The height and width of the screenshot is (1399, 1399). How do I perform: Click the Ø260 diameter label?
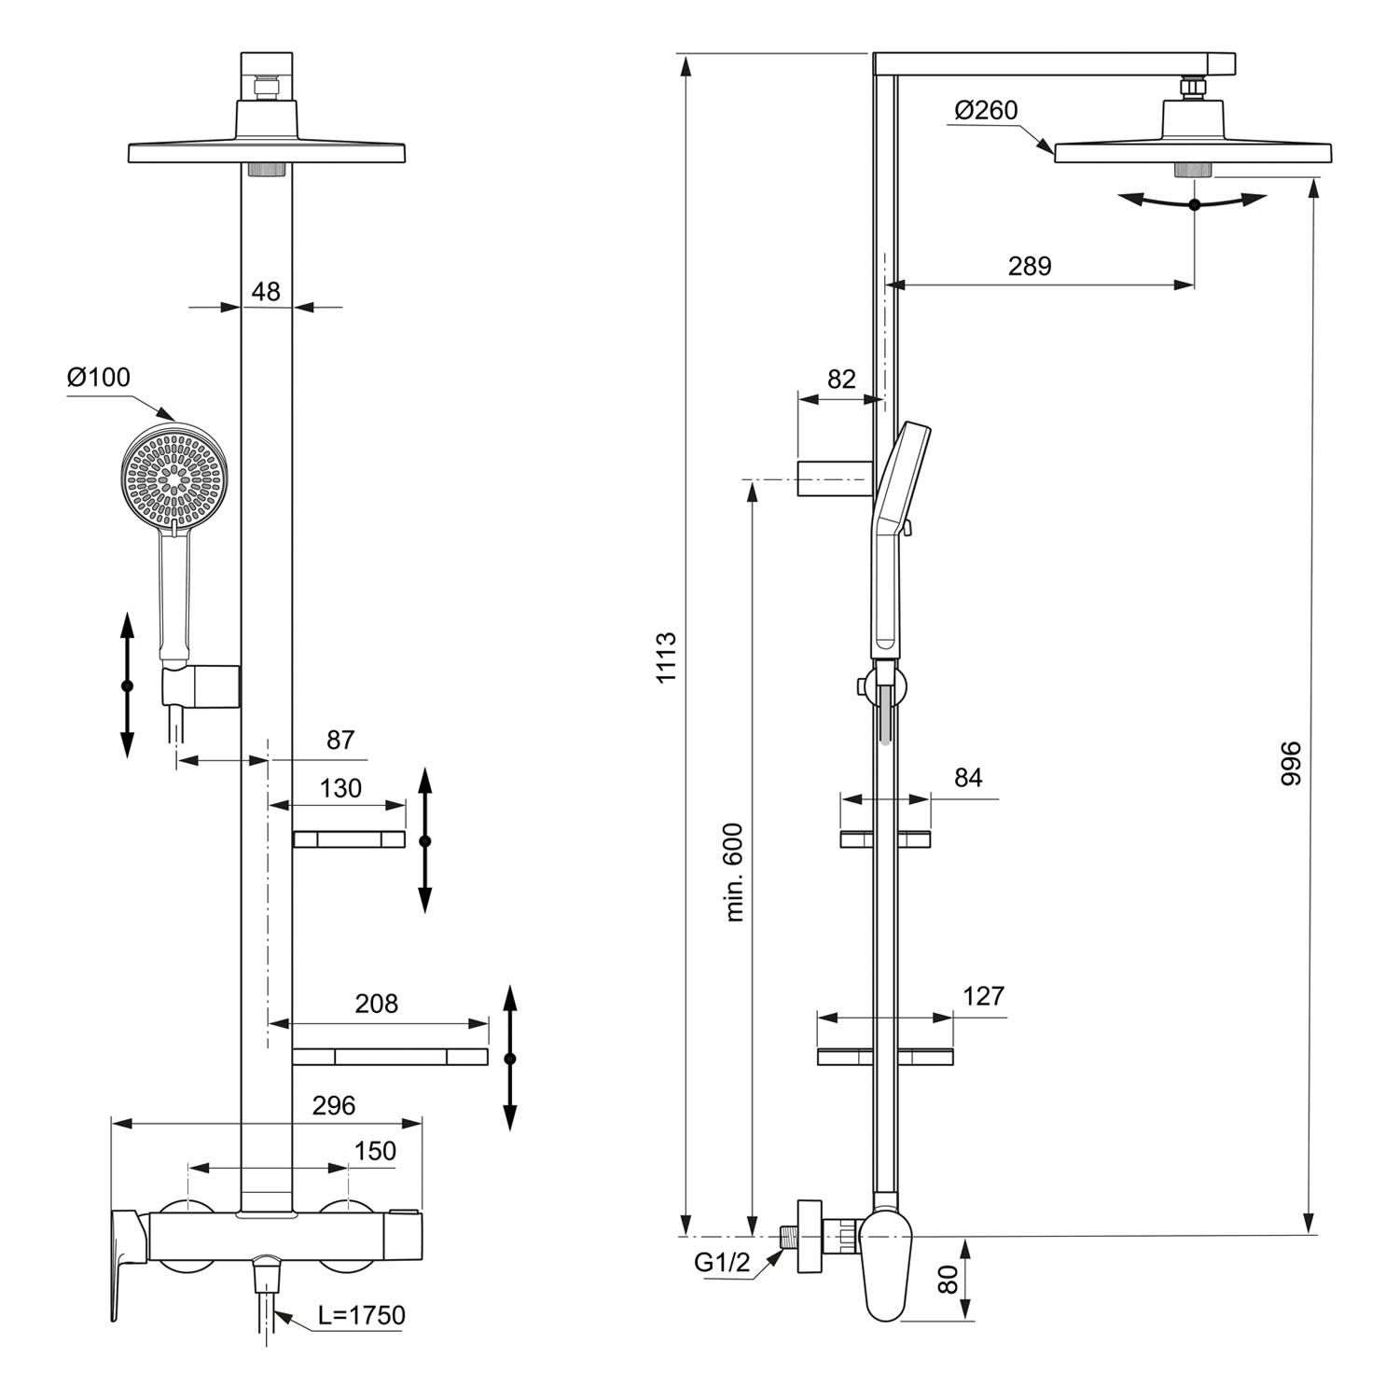pyautogui.click(x=987, y=111)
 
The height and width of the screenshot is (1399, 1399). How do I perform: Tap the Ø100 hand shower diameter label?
pyautogui.click(x=99, y=378)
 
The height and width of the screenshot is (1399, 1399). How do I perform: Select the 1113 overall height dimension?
pyautogui.click(x=666, y=658)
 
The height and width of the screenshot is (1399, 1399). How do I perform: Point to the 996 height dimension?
pyautogui.click(x=1290, y=763)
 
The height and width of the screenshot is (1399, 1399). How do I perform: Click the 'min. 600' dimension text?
pyautogui.click(x=736, y=872)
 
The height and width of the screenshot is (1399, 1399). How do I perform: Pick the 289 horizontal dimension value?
pyautogui.click(x=1030, y=267)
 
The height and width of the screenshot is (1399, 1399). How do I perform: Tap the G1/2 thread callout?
pyautogui.click(x=722, y=1263)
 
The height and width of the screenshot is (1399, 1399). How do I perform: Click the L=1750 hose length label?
pyautogui.click(x=361, y=1316)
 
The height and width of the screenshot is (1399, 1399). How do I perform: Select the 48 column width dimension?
pyautogui.click(x=266, y=292)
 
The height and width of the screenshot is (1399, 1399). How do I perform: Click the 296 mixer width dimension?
pyautogui.click(x=334, y=1106)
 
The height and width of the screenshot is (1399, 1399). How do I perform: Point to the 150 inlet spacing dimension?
pyautogui.click(x=375, y=1152)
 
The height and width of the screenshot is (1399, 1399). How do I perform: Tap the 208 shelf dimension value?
pyautogui.click(x=377, y=1004)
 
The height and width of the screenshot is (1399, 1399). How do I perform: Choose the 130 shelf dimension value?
pyautogui.click(x=340, y=789)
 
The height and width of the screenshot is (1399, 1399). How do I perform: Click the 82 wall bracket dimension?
pyautogui.click(x=841, y=379)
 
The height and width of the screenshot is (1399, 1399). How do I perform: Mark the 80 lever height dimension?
pyautogui.click(x=949, y=1280)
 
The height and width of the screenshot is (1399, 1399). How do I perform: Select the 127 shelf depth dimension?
pyautogui.click(x=983, y=996)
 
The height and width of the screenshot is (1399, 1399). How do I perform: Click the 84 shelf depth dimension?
pyautogui.click(x=968, y=778)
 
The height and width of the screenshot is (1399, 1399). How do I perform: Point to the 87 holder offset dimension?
pyautogui.click(x=340, y=740)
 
